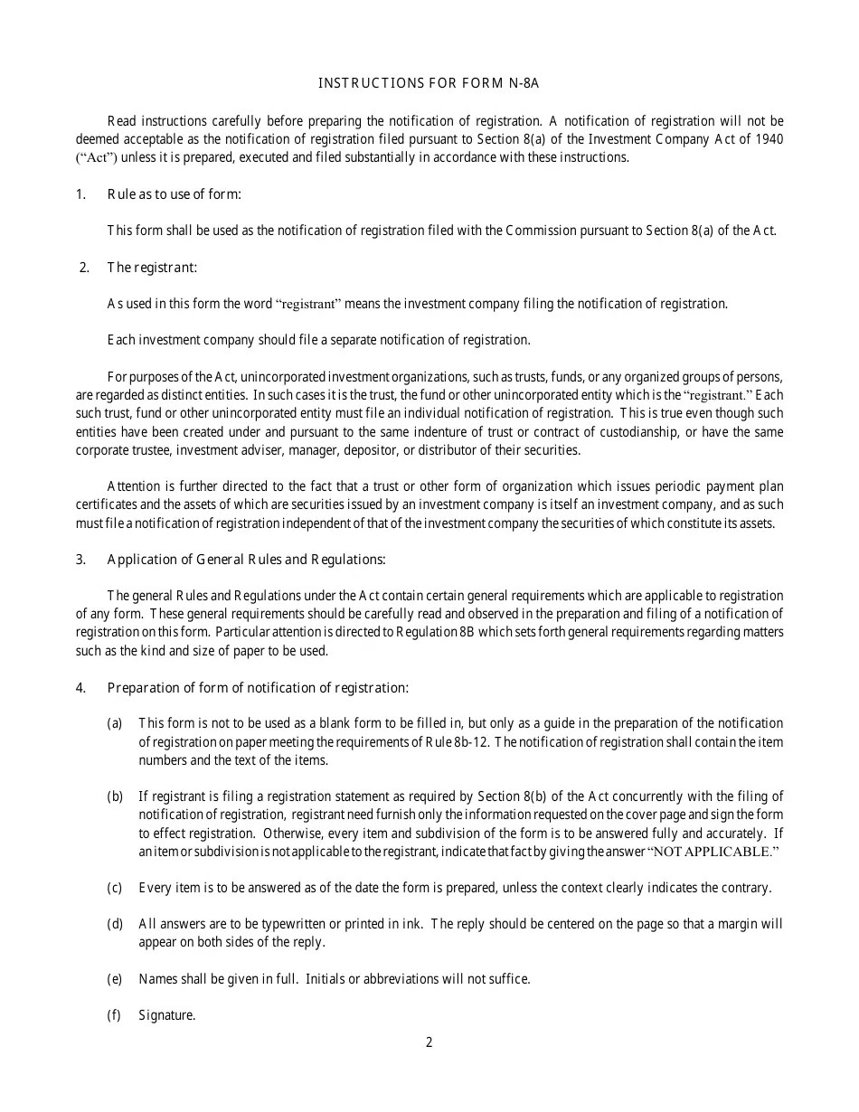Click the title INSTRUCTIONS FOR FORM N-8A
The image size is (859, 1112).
pyautogui.click(x=429, y=84)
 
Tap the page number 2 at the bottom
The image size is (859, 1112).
pyautogui.click(x=429, y=1041)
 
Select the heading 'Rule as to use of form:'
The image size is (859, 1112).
pyautogui.click(x=175, y=194)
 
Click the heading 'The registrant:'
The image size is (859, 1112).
pyautogui.click(x=152, y=267)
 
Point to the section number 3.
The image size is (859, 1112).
pyautogui.click(x=80, y=559)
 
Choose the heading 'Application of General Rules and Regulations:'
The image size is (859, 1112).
pyautogui.click(x=246, y=559)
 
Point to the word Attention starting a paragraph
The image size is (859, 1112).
pyautogui.click(x=134, y=486)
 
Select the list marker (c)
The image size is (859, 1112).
pyautogui.click(x=115, y=888)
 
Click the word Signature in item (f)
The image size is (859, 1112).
pyautogui.click(x=166, y=1015)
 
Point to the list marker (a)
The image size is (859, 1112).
pyautogui.click(x=115, y=723)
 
